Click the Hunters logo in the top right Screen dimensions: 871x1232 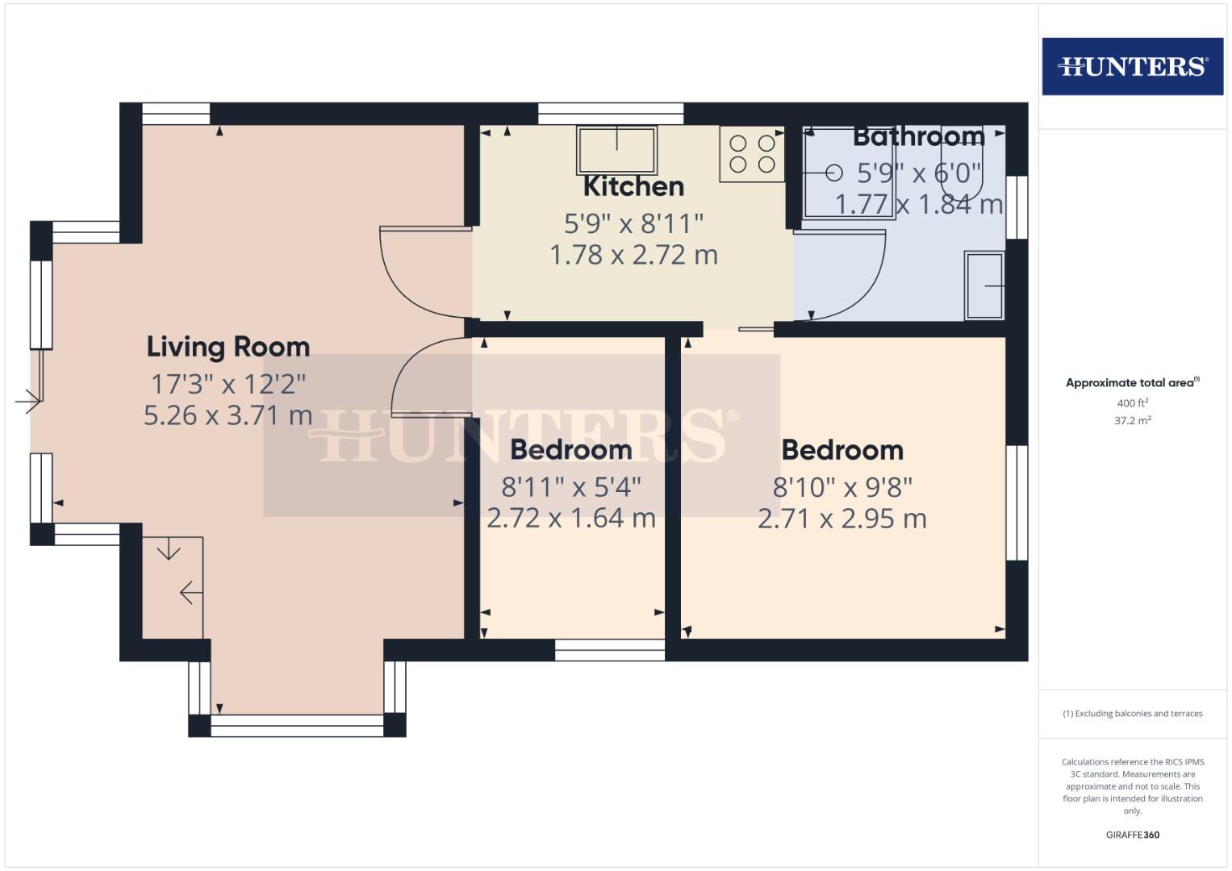[x=1132, y=66]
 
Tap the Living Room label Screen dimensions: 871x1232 [x=228, y=347]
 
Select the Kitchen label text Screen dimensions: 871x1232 [x=633, y=186]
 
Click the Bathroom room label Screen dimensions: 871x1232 [x=918, y=136]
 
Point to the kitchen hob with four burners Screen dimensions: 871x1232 [x=752, y=154]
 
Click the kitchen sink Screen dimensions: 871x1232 [x=616, y=149]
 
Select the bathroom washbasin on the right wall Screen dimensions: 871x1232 [x=984, y=285]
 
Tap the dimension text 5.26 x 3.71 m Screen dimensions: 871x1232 [x=228, y=415]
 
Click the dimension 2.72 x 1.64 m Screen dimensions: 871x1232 [x=571, y=518]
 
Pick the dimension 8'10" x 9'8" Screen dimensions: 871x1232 [x=842, y=487]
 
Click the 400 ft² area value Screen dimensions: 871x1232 [x=1132, y=403]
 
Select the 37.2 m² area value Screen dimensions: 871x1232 [x=1132, y=420]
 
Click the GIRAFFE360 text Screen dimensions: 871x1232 [x=1132, y=835]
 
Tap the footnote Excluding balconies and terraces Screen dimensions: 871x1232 [x=1132, y=714]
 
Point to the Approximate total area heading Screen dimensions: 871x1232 [x=1132, y=383]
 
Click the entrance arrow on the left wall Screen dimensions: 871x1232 [x=28, y=400]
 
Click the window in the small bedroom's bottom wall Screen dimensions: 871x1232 [x=610, y=650]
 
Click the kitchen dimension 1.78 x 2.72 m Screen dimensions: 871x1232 [x=633, y=255]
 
